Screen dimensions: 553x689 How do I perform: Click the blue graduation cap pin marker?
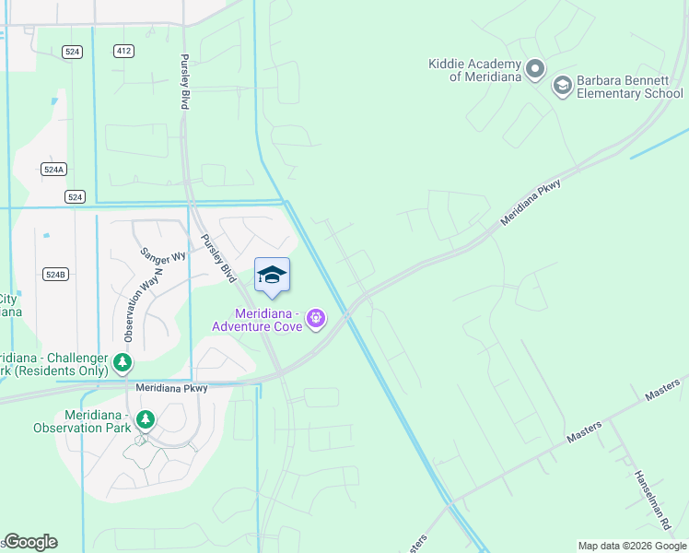click(272, 276)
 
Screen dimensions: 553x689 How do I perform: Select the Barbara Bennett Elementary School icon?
click(562, 86)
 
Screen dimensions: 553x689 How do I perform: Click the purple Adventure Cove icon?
click(316, 318)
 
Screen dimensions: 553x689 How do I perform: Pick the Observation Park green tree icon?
click(145, 420)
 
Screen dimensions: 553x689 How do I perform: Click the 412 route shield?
click(123, 52)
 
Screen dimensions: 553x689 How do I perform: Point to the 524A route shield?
click(54, 170)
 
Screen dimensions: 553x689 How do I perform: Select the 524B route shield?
click(55, 275)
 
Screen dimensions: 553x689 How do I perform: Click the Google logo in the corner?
click(30, 542)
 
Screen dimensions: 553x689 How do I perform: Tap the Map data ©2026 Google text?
click(632, 546)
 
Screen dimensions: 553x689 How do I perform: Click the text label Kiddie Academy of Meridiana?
click(473, 70)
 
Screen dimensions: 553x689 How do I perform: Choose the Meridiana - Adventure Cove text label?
click(257, 319)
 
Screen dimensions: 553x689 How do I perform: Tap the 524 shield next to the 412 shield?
click(73, 52)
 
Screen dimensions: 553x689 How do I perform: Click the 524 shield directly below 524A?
click(76, 197)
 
